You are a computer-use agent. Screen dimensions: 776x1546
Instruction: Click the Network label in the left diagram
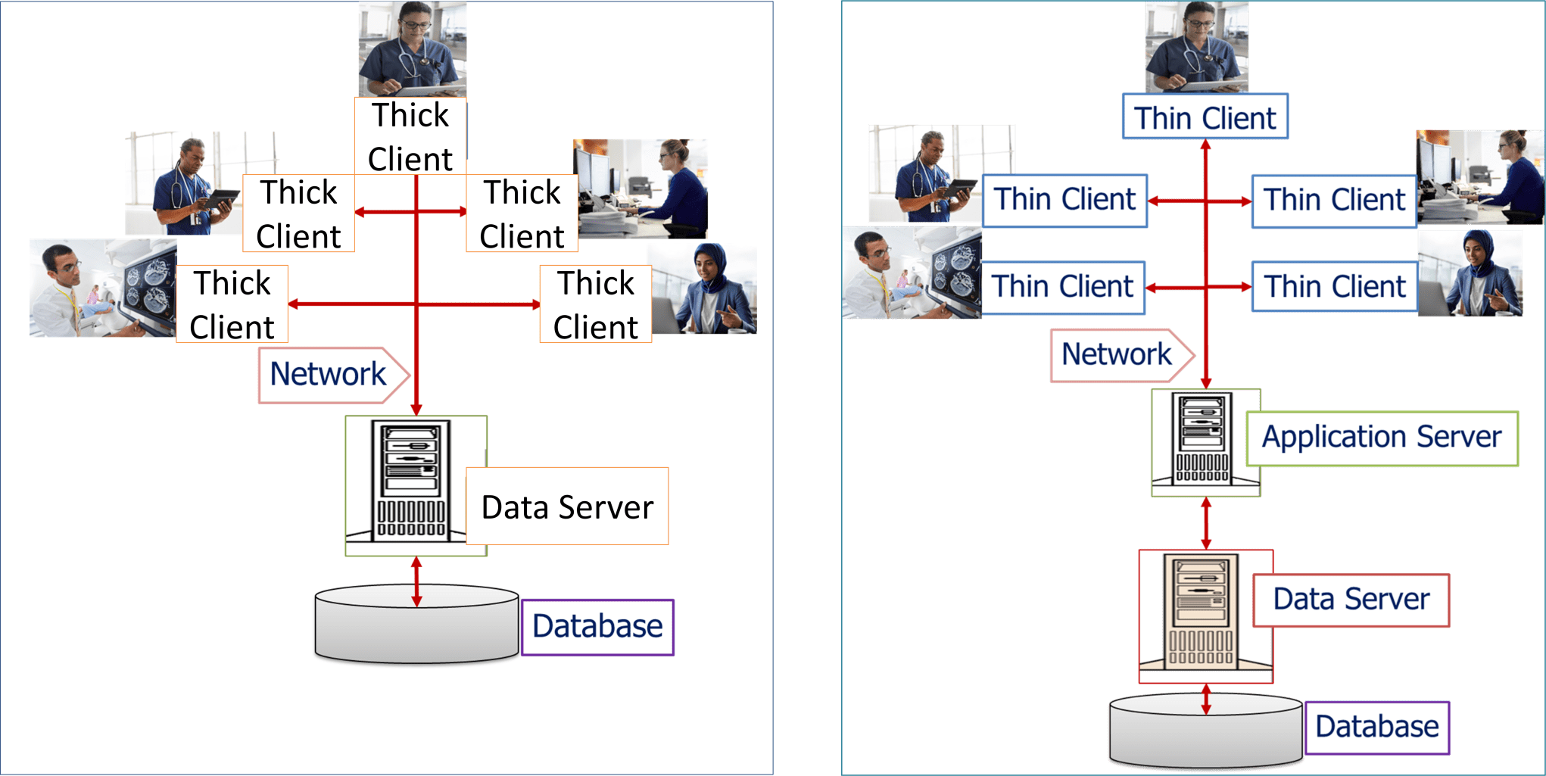click(328, 375)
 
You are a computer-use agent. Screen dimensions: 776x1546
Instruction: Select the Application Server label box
click(1381, 438)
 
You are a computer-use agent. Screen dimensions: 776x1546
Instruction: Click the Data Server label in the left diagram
click(567, 506)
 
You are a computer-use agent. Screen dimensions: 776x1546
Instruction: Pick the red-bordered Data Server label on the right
click(1351, 600)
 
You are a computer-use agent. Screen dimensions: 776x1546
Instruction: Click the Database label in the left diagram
click(597, 627)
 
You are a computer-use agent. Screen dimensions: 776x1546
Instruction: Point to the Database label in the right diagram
click(1376, 727)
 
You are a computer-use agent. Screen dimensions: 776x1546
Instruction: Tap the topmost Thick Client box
click(410, 136)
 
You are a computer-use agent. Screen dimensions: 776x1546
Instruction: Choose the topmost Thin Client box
click(1204, 117)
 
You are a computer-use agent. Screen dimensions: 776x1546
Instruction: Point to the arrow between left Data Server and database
click(416, 581)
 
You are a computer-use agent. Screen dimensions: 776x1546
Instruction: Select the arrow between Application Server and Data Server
click(1206, 522)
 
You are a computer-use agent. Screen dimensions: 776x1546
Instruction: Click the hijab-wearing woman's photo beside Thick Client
click(704, 289)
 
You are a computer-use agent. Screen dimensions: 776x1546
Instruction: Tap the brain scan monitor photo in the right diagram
click(912, 273)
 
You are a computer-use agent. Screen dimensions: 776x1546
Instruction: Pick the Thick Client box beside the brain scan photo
click(232, 304)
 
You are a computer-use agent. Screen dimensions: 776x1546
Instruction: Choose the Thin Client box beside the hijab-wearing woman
click(1334, 287)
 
